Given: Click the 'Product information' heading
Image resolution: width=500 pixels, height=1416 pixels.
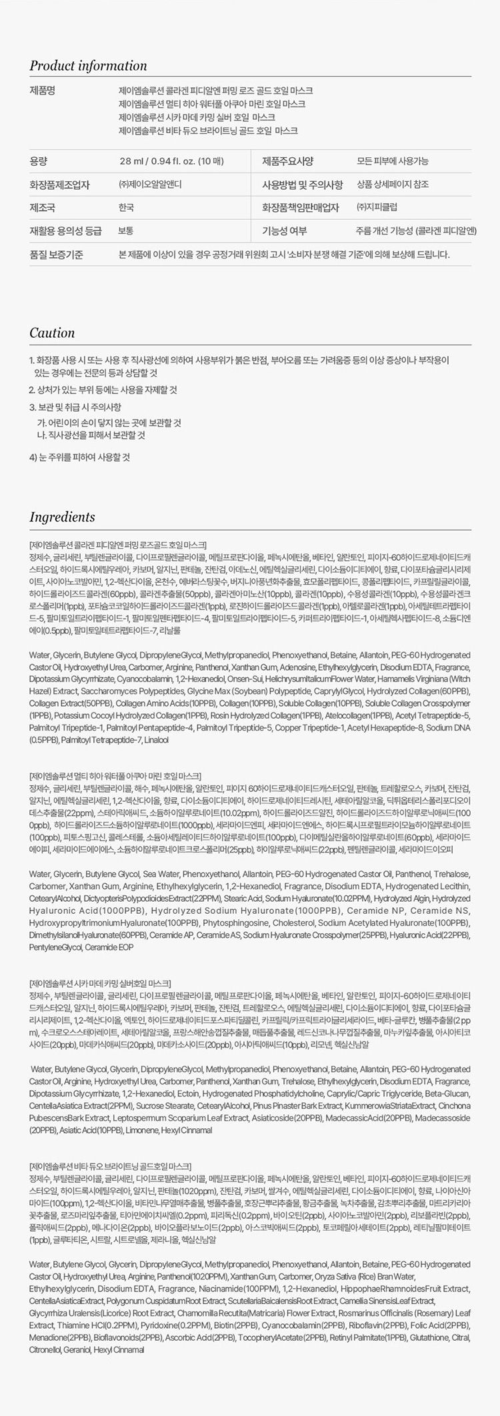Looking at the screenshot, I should coord(88,66).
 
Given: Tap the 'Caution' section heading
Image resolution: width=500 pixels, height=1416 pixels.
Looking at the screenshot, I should coord(52,333).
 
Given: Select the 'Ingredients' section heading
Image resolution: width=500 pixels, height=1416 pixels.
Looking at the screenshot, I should coord(62,517).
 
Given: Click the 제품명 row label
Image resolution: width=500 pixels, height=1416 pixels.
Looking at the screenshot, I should coord(41,91).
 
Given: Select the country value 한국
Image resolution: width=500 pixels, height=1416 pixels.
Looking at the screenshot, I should coord(126,208).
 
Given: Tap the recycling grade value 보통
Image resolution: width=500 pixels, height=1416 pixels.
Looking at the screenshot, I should coord(126,231).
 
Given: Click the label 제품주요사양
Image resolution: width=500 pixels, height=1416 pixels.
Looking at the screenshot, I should coord(287,161).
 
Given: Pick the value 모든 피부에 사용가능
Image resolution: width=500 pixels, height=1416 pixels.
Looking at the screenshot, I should coord(393,161).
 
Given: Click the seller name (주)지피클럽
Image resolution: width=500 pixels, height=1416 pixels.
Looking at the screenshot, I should coord(377,208).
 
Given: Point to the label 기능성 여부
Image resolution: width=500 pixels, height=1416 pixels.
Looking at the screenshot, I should coord(285,231).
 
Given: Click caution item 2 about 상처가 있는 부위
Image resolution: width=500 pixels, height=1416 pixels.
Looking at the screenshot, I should coord(103,390).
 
